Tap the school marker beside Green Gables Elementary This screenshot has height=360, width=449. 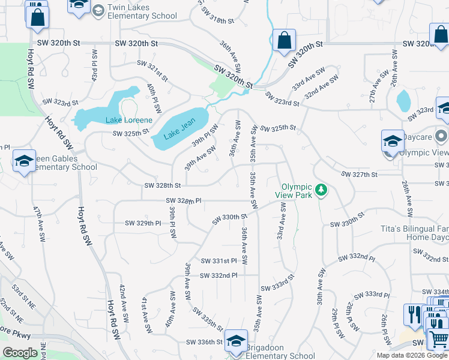point(24,161)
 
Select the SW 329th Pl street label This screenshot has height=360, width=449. point(143,223)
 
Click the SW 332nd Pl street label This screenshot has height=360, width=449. point(218,275)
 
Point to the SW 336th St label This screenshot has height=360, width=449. point(204,342)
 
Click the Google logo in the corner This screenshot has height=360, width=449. point(20,353)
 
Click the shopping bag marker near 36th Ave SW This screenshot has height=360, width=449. point(283,41)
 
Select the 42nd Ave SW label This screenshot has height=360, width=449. point(123,297)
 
